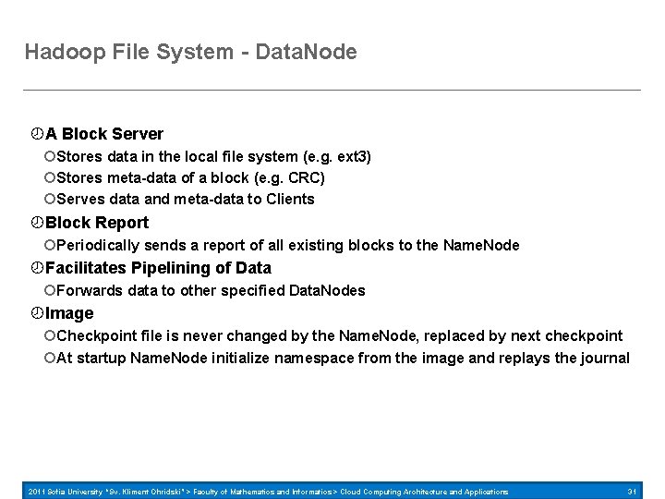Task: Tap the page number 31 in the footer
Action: [633, 491]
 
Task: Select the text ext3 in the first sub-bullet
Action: [351, 157]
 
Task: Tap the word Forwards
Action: [89, 290]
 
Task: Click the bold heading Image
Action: [69, 313]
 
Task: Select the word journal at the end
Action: [604, 358]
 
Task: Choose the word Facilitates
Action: [85, 268]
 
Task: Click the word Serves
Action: [79, 199]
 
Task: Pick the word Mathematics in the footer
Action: [265, 491]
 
